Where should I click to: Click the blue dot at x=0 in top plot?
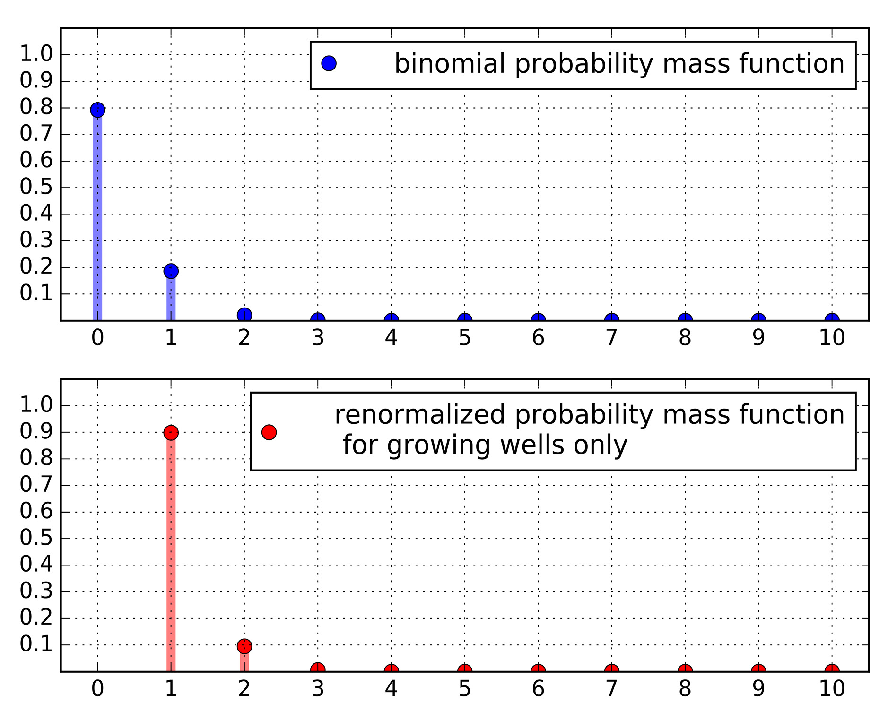(97, 110)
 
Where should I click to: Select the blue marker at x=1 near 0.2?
(171, 271)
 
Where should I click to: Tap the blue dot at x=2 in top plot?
(244, 315)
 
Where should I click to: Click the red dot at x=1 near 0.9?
(171, 432)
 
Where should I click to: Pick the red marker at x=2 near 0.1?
(244, 646)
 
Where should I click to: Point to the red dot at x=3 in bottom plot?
(318, 668)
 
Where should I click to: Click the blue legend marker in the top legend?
(329, 63)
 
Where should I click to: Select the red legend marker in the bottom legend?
(269, 432)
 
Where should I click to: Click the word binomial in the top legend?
(450, 64)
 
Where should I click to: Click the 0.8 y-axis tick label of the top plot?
(36, 108)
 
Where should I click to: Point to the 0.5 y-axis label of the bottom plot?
(36, 539)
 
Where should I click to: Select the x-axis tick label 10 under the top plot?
(832, 338)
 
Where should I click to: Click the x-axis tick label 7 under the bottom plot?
(611, 689)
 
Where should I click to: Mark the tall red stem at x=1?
(171, 553)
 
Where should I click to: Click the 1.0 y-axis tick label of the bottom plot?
(36, 405)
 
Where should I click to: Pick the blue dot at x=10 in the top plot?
(832, 319)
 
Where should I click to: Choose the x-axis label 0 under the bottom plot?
(97, 689)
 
